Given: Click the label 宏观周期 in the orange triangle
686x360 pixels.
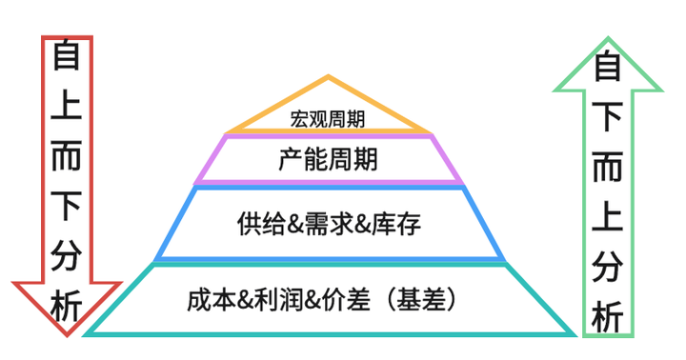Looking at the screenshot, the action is (329, 120).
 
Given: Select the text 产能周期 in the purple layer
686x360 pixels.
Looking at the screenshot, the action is (329, 159).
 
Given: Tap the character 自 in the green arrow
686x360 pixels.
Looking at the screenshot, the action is (608, 68).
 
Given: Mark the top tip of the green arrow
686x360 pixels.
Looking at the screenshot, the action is (608, 38).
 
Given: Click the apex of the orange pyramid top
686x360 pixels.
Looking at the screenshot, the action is (329, 76).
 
